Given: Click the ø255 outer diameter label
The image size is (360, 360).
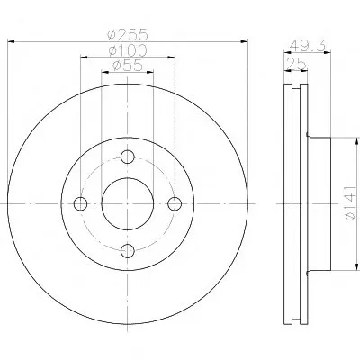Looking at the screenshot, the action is pos(128,34).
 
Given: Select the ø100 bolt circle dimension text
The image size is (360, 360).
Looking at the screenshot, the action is pos(128,50).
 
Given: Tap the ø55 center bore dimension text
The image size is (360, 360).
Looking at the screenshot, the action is pos(128,66).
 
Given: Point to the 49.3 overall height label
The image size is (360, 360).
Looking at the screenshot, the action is pos(308,46).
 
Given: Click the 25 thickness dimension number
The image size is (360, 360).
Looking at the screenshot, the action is pos(296,64).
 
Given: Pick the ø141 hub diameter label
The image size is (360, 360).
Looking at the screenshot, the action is pos(351,203).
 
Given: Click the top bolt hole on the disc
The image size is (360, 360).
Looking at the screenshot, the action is pos(128,157).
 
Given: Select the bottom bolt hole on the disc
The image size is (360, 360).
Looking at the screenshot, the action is pos(128,251).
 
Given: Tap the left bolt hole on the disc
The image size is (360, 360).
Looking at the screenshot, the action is pos(80,204).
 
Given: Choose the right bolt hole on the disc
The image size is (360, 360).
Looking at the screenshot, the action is pos(175,204).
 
